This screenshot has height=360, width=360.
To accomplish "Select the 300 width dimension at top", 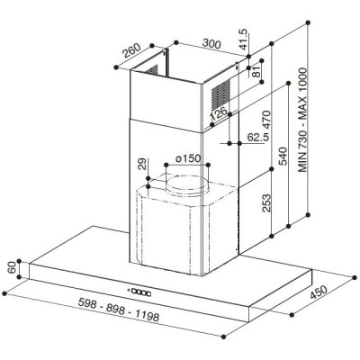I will [x=211, y=42].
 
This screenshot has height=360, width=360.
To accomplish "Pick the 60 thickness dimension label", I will [x=12, y=268].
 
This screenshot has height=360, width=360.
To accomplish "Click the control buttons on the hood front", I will [x=143, y=291].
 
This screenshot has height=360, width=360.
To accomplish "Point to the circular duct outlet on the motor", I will [x=187, y=186].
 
